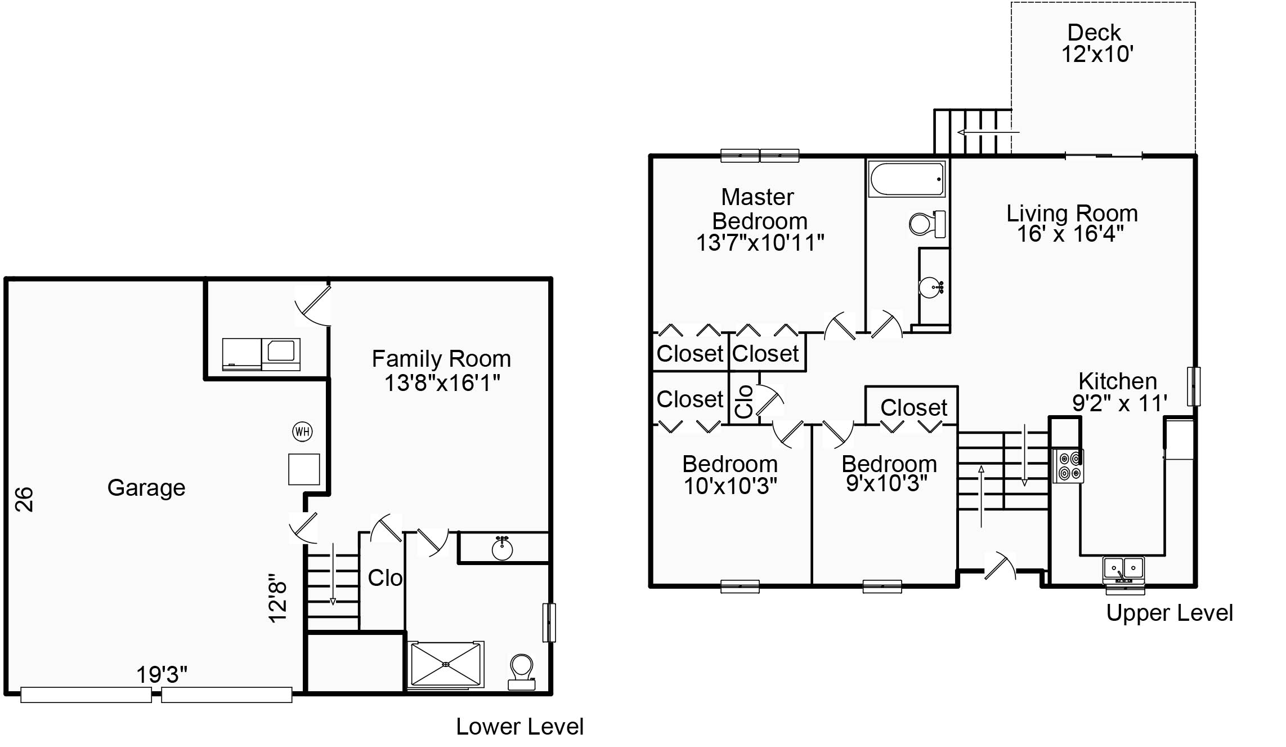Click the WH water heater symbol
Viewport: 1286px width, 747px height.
point(302,432)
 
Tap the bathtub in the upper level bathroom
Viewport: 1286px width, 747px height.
point(906,179)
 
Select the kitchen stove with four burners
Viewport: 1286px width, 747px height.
point(1068,466)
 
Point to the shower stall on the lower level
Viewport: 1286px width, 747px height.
point(446,665)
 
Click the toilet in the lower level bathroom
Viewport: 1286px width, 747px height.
point(522,672)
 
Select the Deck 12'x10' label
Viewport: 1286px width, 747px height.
point(1097,43)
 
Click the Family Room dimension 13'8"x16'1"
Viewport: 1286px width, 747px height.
point(442,383)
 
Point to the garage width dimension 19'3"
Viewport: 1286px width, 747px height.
point(162,674)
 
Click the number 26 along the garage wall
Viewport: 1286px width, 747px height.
point(24,500)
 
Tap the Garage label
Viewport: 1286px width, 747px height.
point(146,488)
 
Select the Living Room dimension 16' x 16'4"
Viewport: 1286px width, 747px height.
point(1070,234)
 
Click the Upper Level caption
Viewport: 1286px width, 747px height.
point(1170,613)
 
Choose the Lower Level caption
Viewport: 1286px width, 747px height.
point(519,727)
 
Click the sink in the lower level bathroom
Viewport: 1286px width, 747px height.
point(502,548)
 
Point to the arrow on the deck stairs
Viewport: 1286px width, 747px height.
point(988,132)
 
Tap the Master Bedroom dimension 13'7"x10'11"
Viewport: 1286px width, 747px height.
point(760,243)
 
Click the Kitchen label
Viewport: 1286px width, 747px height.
point(1118,381)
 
